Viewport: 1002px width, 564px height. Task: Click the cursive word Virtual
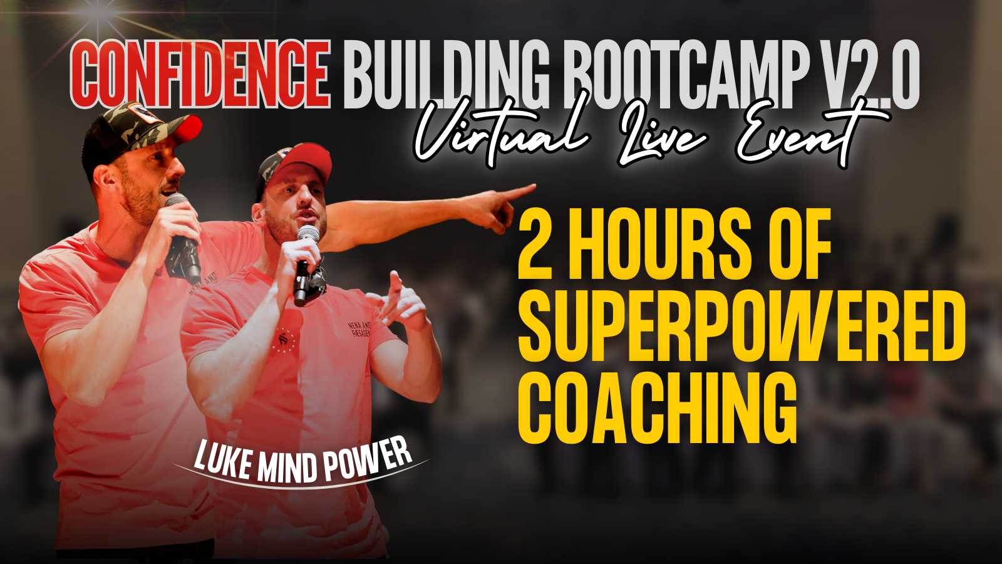click(x=501, y=135)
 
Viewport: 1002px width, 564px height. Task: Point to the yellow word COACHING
click(x=658, y=407)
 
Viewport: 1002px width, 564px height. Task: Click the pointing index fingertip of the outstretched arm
click(x=532, y=186)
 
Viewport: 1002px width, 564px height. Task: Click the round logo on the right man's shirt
click(x=286, y=339)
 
